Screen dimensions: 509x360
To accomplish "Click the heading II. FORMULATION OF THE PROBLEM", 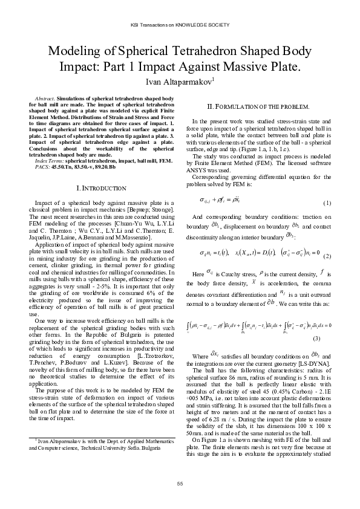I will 258,106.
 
